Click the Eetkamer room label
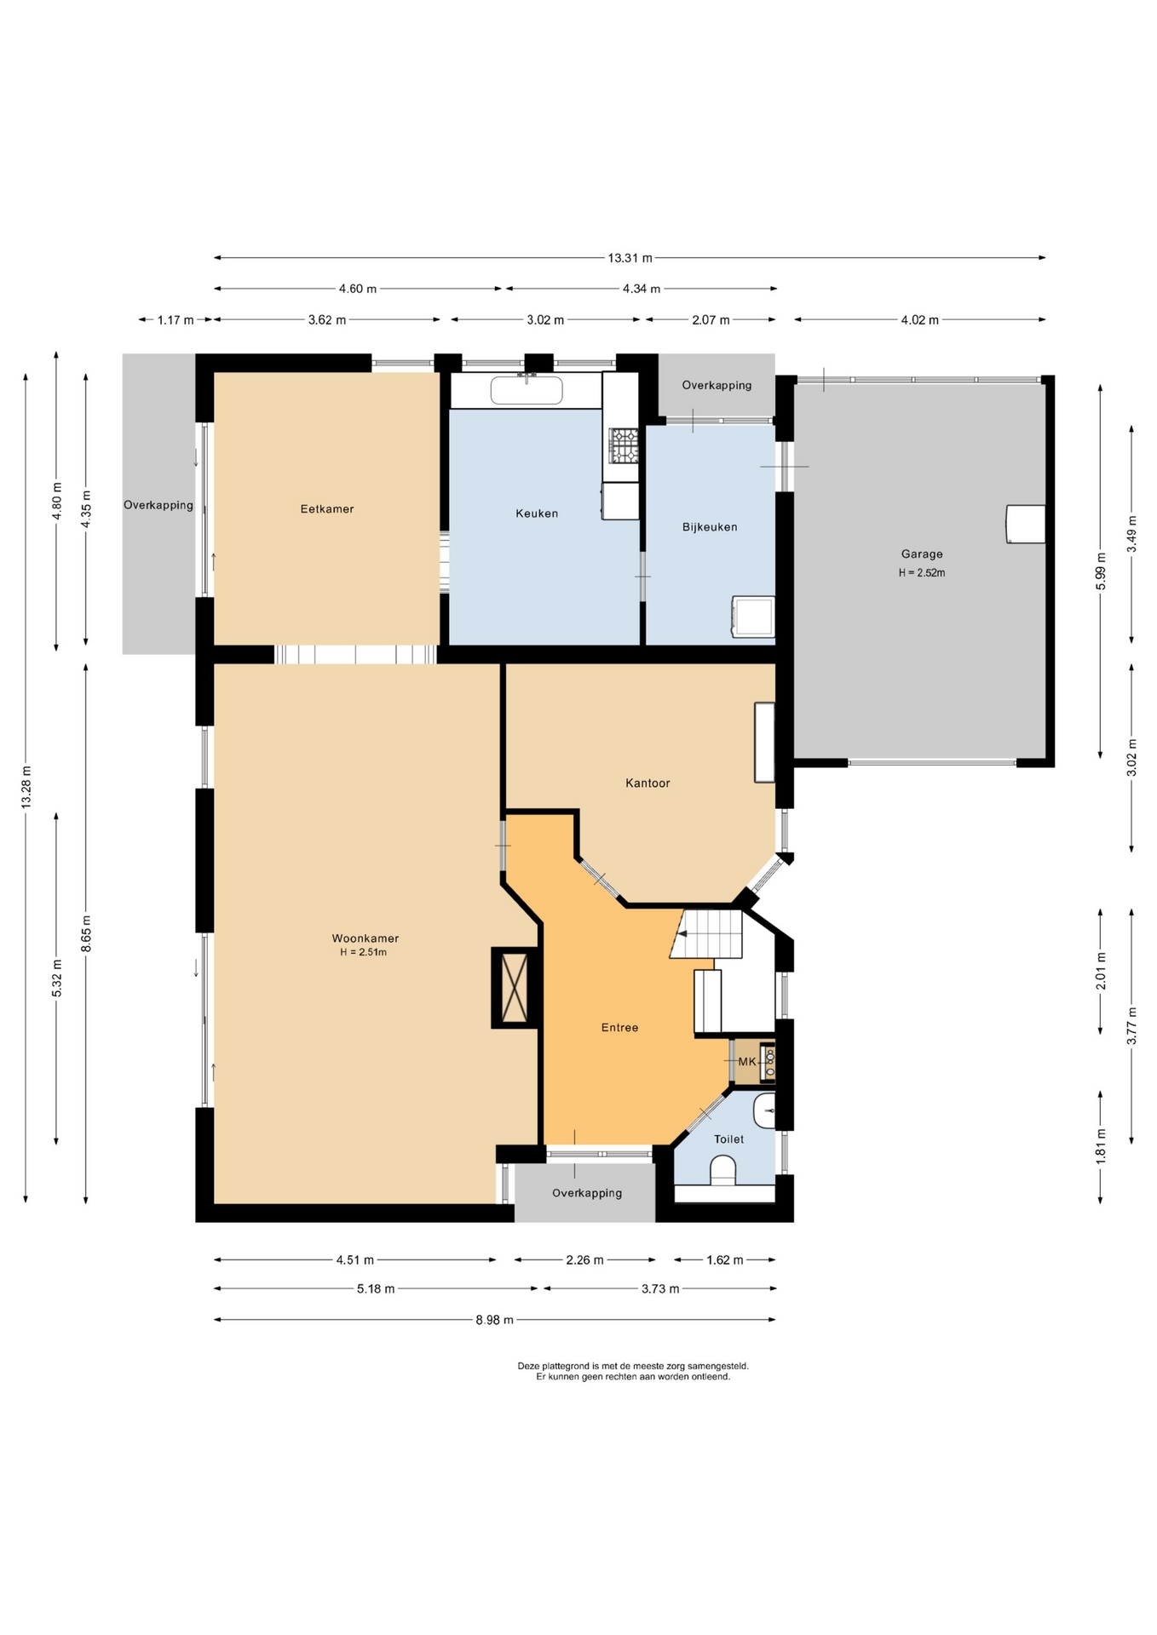coord(326,509)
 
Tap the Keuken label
coord(537,513)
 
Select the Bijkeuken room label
coord(710,527)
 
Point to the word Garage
coord(922,554)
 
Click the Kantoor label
coord(648,783)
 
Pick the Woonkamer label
coord(366,938)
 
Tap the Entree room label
coord(619,1028)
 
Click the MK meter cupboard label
coord(746,1062)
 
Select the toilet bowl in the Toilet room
coord(722,1170)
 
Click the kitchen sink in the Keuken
coord(527,390)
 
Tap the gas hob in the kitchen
coord(624,446)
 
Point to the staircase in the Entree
coord(706,934)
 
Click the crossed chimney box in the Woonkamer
coord(515,988)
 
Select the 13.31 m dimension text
coord(630,258)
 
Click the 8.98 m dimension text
coord(494,1320)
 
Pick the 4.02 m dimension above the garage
coord(919,320)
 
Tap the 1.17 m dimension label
coord(176,320)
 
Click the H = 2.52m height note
coord(922,573)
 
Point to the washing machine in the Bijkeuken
coord(753,617)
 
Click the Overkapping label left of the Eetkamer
coord(158,505)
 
